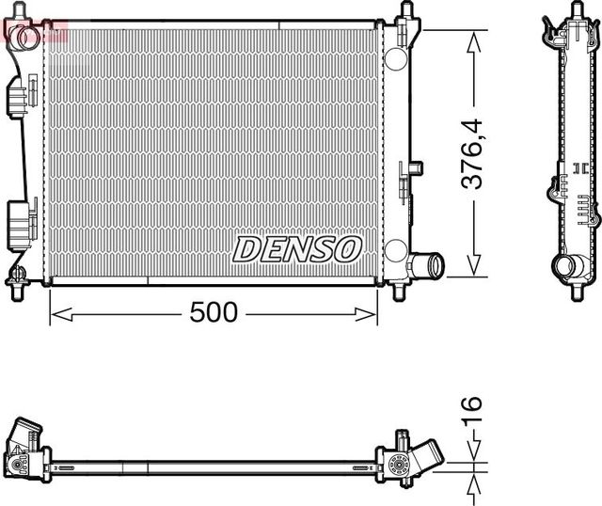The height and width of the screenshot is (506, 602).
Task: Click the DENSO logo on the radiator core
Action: tap(297, 249)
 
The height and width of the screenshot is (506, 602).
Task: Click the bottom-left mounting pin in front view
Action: tap(17, 278)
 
